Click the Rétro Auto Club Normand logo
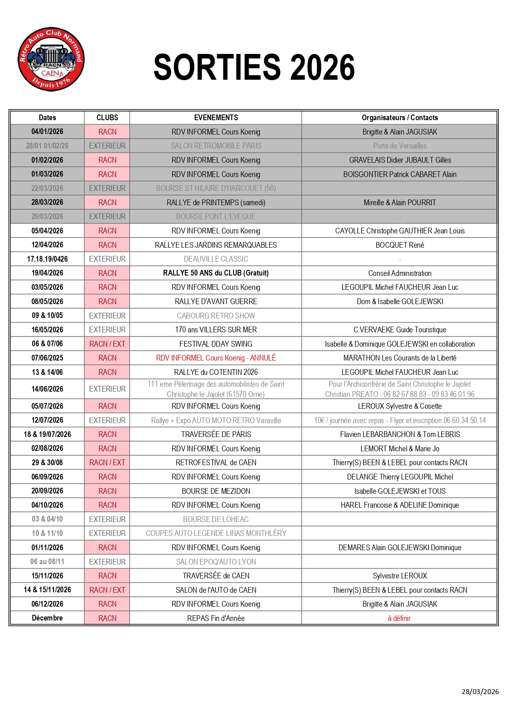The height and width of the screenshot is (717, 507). tap(51, 60)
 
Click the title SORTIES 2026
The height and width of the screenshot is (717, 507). tap(254, 67)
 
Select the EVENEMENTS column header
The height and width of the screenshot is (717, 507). tap(216, 118)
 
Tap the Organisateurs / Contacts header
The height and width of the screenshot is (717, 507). tap(399, 118)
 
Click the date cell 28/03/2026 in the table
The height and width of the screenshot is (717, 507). tap(47, 202)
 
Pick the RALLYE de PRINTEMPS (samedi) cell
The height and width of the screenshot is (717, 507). tap(216, 203)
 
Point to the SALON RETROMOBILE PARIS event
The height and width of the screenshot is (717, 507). tap(216, 146)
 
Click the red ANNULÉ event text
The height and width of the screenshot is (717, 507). tap(216, 358)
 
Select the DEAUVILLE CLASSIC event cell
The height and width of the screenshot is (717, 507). tap(216, 259)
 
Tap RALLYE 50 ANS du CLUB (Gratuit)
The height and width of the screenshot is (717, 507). tap(216, 273)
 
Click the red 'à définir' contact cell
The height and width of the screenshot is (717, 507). tap(399, 618)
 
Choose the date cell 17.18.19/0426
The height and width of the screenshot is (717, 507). tap(47, 259)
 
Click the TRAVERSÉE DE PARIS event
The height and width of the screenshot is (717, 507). tap(216, 435)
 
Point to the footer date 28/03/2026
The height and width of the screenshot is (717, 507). tap(480, 692)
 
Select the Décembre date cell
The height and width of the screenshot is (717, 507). tap(47, 618)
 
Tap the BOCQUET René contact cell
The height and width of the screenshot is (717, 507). tap(399, 245)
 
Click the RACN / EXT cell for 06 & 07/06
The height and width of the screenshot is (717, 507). tap(107, 344)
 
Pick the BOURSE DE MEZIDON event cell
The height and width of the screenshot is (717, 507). tap(216, 491)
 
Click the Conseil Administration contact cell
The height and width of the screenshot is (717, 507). tap(399, 273)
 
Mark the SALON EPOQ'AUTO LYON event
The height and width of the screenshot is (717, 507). tap(216, 562)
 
